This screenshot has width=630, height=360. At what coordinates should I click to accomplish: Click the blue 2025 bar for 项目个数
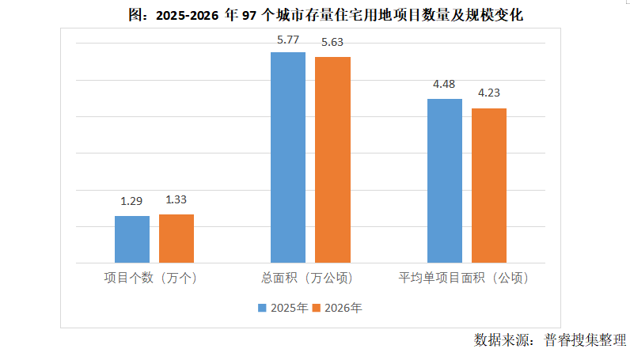pyautogui.click(x=131, y=239)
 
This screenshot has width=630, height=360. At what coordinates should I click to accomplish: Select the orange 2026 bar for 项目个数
pyautogui.click(x=176, y=238)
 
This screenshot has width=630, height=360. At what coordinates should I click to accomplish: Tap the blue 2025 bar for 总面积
pyautogui.click(x=288, y=157)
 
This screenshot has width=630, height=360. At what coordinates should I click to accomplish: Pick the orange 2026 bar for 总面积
pyautogui.click(x=332, y=160)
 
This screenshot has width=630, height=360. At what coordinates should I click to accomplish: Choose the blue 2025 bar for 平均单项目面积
pyautogui.click(x=445, y=180)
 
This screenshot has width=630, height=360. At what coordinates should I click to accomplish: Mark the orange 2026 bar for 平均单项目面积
pyautogui.click(x=489, y=185)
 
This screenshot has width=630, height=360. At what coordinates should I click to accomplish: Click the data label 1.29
pyautogui.click(x=131, y=202)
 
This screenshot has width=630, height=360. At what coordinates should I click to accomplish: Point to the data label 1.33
pyautogui.click(x=176, y=200)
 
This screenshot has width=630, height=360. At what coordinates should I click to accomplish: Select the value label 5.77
pyautogui.click(x=288, y=37)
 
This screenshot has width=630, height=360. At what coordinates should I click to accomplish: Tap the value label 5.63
pyautogui.click(x=332, y=43)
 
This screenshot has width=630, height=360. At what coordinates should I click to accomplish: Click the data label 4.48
pyautogui.click(x=445, y=85)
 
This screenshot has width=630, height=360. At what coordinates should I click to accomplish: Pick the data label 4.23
pyautogui.click(x=489, y=93)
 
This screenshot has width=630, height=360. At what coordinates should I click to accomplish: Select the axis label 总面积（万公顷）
pyautogui.click(x=307, y=279)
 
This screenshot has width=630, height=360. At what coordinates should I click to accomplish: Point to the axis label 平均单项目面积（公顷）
pyautogui.click(x=463, y=279)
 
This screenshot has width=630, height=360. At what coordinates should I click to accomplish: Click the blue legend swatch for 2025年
pyautogui.click(x=262, y=308)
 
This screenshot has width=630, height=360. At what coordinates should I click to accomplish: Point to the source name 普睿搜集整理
pyautogui.click(x=585, y=340)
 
